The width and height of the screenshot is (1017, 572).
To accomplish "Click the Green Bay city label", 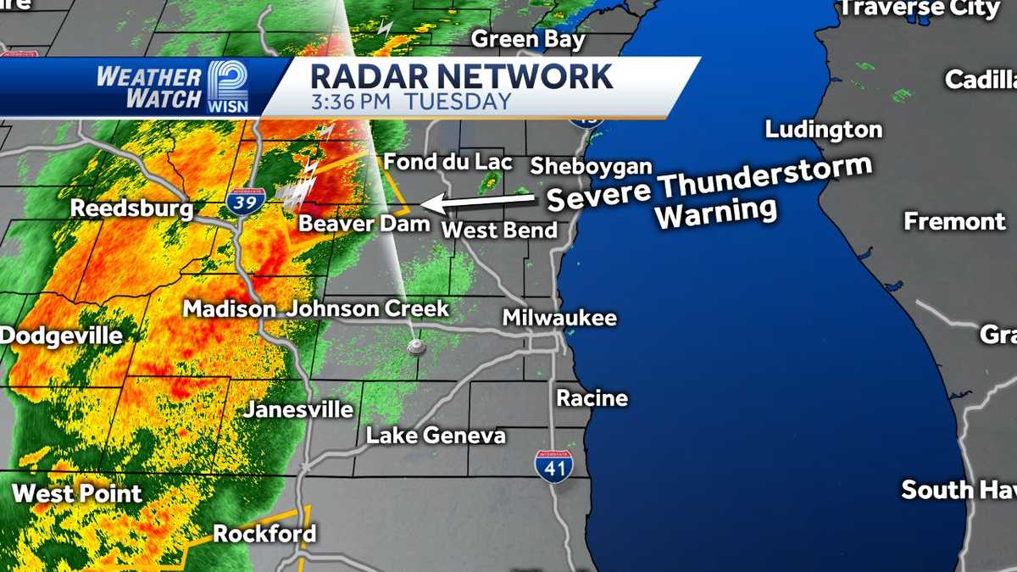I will (528, 39).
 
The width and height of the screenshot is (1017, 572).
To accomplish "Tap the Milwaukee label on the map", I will (559, 319).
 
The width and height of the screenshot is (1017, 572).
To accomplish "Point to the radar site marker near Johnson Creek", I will (414, 346).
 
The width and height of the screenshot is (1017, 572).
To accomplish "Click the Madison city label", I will (230, 308).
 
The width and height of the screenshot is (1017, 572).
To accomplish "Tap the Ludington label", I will (823, 130).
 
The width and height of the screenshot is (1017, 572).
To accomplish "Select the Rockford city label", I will (264, 534).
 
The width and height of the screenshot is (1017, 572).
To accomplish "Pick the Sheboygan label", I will (592, 165).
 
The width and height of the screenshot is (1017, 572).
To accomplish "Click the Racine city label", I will (592, 397).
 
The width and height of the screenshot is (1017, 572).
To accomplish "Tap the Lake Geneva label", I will (436, 436).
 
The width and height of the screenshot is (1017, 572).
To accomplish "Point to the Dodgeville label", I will (61, 335).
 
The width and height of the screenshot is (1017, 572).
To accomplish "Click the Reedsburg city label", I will (131, 208).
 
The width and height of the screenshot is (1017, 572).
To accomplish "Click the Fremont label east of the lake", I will (954, 222).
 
